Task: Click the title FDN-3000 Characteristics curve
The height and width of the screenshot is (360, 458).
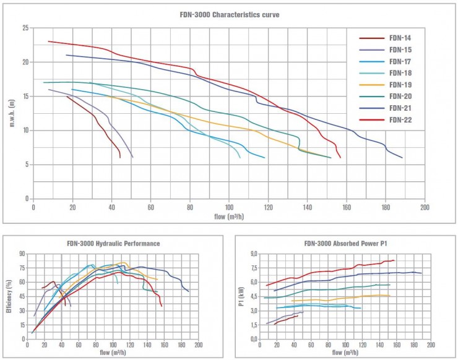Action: pyautogui.click(x=229, y=15)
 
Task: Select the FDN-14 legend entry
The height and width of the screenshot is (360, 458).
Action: pyautogui.click(x=402, y=38)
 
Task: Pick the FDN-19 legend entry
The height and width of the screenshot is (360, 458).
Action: pyautogui.click(x=402, y=85)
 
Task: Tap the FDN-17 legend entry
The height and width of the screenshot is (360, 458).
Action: pyautogui.click(x=402, y=61)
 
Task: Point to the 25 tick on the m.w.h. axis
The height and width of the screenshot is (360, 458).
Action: pyautogui.click(x=25, y=28)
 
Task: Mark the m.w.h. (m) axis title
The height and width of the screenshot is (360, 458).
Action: pyautogui.click(x=12, y=113)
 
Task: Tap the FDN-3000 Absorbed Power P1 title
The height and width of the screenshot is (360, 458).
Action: pyautogui.click(x=345, y=244)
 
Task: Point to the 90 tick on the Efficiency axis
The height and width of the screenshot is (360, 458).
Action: pyautogui.click(x=20, y=254)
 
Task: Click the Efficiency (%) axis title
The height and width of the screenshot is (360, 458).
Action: pyautogui.click(x=9, y=296)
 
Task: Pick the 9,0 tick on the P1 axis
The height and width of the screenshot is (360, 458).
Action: pyautogui.click(x=253, y=254)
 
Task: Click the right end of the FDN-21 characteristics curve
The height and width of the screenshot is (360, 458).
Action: pyautogui.click(x=402, y=158)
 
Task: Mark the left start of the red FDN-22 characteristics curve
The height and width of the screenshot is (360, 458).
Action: pyautogui.click(x=48, y=41)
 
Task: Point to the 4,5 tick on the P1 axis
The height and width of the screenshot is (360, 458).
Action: pyautogui.click(x=253, y=297)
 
